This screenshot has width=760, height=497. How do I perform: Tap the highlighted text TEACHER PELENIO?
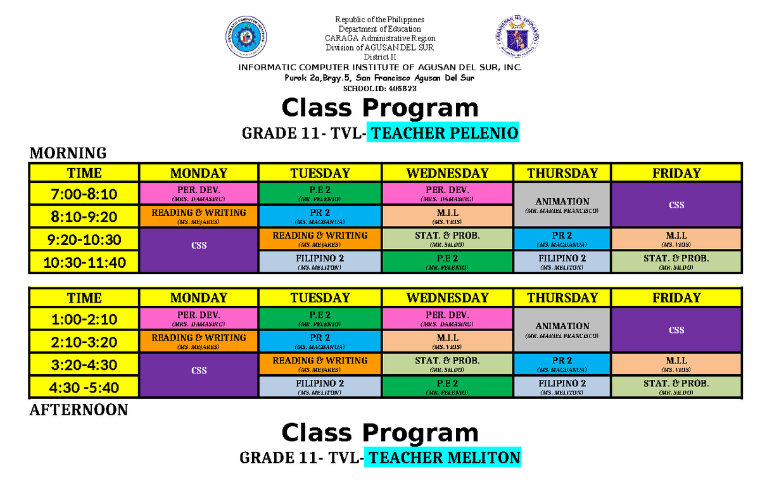[x=445, y=134]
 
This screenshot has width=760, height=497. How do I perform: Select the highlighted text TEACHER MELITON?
[x=445, y=458]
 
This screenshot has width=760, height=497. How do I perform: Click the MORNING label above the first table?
[x=68, y=153]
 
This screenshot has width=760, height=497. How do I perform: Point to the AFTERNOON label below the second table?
[x=79, y=410]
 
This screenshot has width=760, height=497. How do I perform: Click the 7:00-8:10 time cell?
[x=84, y=194]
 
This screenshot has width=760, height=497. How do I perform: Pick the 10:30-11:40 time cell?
[x=84, y=262]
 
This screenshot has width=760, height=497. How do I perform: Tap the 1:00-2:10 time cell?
[x=84, y=319]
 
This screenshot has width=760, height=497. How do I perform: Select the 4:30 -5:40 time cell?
[x=84, y=387]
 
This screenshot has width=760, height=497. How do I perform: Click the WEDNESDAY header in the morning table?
[x=447, y=173]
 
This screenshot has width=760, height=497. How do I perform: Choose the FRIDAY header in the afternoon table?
[x=676, y=298]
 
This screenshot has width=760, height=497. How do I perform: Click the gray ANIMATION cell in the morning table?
[x=562, y=205]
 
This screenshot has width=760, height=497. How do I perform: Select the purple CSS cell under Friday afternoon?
[x=676, y=330]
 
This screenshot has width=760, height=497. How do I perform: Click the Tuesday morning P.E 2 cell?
[x=320, y=194]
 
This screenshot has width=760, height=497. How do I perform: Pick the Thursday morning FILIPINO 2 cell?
[x=562, y=262]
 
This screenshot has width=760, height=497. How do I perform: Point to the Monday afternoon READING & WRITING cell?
[x=199, y=341]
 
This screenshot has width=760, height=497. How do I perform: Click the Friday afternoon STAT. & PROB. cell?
[x=676, y=387]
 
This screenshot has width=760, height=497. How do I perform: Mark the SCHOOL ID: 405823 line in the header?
[x=379, y=89]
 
